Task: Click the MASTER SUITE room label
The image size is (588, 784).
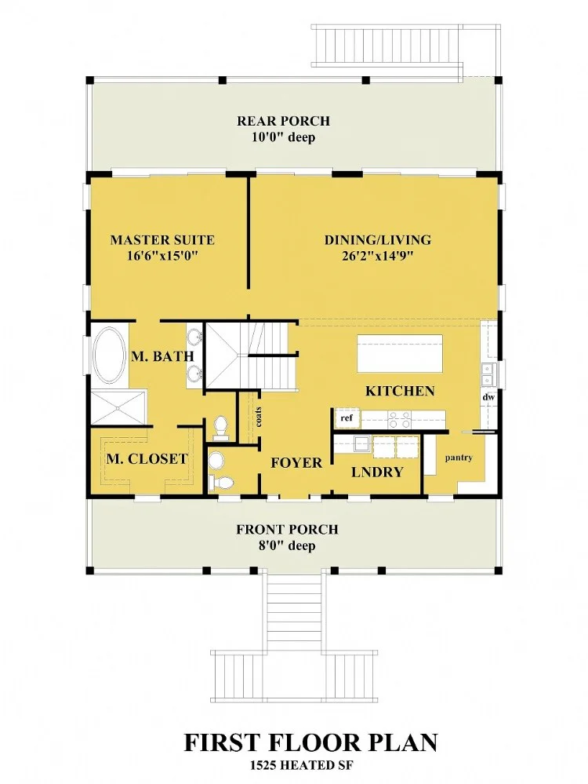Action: (162, 240)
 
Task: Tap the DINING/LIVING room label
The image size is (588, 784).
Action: (378, 240)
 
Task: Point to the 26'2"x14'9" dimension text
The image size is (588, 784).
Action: (378, 257)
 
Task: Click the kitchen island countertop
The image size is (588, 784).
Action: (400, 353)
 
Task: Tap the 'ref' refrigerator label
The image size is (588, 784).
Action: (347, 418)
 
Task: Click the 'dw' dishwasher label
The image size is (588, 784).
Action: (488, 397)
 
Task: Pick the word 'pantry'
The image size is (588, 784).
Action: (459, 458)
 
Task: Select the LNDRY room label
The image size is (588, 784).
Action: (377, 472)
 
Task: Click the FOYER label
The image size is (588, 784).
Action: (297, 462)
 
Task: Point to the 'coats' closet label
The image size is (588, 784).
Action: (258, 417)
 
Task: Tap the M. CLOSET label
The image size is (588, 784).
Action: (147, 459)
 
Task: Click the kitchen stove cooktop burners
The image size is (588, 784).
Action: (400, 420)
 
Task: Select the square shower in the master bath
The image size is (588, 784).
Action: (118, 409)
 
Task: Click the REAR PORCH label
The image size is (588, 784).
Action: (283, 121)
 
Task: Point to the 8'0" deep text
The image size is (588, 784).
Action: (286, 546)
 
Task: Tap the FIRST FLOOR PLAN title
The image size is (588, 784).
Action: (310, 743)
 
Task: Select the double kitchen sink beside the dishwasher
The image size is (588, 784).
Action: (488, 375)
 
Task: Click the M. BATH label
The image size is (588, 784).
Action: (162, 356)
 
